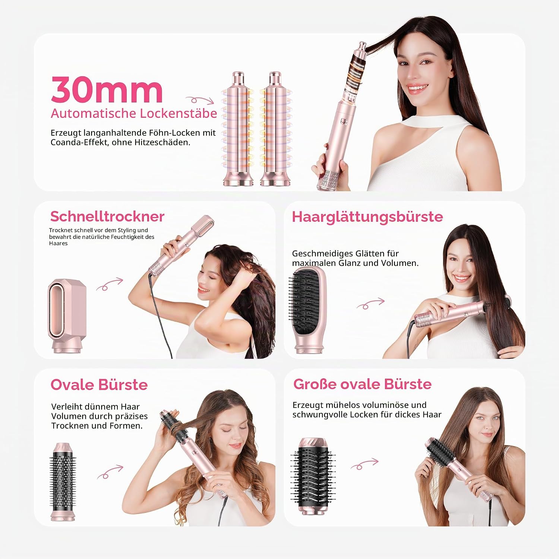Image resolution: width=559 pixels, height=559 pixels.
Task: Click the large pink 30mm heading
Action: pyautogui.click(x=107, y=90)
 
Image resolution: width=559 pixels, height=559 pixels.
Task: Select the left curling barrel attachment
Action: pyautogui.click(x=238, y=129)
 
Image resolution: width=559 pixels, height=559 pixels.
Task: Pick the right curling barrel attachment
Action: pyautogui.click(x=275, y=129)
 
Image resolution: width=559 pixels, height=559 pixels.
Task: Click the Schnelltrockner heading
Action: pyautogui.click(x=107, y=217)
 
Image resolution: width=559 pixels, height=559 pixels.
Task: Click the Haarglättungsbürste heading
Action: pyautogui.click(x=367, y=217)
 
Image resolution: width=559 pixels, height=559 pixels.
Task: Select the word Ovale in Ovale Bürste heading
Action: pyautogui.click(x=72, y=385)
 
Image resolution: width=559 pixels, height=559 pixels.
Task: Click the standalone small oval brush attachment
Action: pyautogui.click(x=63, y=481)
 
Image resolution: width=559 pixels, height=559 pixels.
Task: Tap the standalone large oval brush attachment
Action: pyautogui.click(x=313, y=476)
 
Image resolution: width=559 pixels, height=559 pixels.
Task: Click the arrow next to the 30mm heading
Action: pyautogui.click(x=200, y=100)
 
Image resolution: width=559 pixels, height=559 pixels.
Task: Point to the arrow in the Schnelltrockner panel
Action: pyautogui.click(x=110, y=284)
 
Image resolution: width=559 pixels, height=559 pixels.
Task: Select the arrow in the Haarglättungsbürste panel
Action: pyautogui.click(x=370, y=304)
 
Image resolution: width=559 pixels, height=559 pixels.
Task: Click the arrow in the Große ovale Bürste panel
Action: pyautogui.click(x=364, y=464)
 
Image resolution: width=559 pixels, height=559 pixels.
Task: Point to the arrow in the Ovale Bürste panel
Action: pyautogui.click(x=110, y=472)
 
